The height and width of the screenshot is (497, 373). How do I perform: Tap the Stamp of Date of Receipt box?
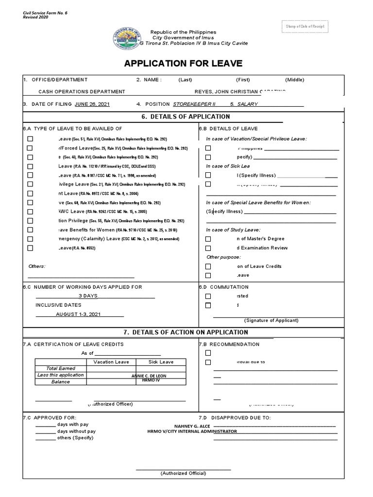[305, 26]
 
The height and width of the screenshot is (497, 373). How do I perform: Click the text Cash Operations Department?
[82, 92]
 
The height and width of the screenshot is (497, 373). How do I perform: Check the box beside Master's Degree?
[208, 239]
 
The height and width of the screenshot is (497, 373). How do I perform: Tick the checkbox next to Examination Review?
[208, 248]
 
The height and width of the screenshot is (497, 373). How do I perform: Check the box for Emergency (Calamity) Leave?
[30, 239]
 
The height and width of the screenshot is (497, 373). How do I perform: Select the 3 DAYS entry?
[88, 296]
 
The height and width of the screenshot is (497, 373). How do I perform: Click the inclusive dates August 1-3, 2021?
[78, 315]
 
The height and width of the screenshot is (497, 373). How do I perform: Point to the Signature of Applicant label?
[271, 320]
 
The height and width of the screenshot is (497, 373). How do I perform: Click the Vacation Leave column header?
[110, 362]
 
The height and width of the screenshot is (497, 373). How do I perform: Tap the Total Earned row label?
[61, 368]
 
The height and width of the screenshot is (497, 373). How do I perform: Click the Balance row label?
[61, 381]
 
